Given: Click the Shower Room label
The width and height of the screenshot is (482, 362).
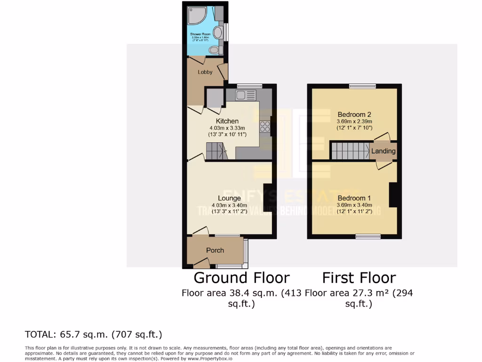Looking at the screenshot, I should [x=200, y=34].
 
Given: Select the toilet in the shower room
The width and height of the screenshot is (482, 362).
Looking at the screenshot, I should [x=214, y=49].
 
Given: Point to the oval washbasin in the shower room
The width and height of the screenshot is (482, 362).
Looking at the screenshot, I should [x=218, y=33].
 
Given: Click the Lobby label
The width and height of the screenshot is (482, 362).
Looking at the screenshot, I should [x=205, y=72].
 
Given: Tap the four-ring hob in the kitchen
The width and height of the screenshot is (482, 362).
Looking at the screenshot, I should [x=264, y=126].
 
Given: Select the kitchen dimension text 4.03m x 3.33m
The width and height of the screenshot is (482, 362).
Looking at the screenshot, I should [x=224, y=128].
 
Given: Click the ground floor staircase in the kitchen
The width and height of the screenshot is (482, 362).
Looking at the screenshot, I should [x=216, y=151].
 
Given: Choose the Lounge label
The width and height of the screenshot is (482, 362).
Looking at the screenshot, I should [x=229, y=198].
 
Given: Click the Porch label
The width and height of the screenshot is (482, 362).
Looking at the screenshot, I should [x=215, y=250].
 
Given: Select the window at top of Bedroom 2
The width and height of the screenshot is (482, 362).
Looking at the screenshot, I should [x=362, y=86].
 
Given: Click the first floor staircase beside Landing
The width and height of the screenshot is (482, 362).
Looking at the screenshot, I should [x=349, y=151].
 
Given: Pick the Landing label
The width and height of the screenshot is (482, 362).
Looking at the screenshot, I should [x=383, y=151].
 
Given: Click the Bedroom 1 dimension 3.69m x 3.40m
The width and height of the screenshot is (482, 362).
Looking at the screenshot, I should [x=355, y=205].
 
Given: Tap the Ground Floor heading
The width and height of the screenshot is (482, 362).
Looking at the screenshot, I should [x=241, y=277].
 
